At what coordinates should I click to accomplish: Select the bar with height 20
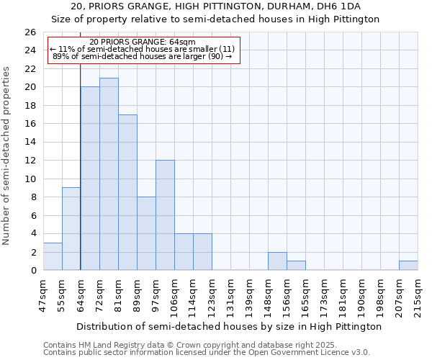click(90, 179)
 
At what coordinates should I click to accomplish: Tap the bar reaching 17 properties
click(127, 192)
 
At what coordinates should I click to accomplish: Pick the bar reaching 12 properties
click(165, 215)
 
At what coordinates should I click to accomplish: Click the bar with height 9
click(71, 229)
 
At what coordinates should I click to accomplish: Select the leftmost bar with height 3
click(53, 256)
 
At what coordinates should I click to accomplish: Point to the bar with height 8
click(146, 233)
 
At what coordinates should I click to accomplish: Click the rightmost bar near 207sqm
click(408, 266)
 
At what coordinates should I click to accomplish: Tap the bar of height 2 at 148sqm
click(277, 261)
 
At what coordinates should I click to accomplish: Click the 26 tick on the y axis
click(30, 32)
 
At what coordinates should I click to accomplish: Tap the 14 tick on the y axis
click(30, 143)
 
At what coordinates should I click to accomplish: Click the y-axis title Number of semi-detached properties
click(7, 156)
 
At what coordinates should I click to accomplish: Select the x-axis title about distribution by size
click(228, 326)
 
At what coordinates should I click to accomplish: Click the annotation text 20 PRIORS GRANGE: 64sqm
click(143, 42)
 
